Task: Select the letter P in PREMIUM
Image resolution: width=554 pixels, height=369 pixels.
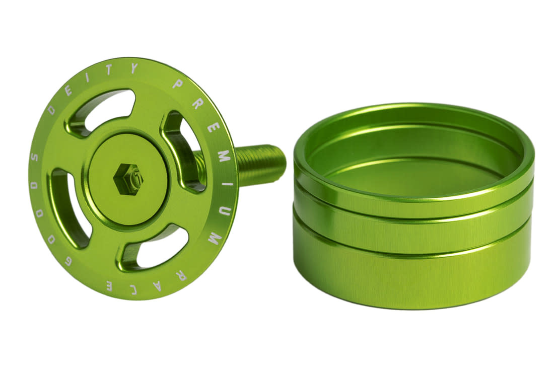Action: click(177, 83)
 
